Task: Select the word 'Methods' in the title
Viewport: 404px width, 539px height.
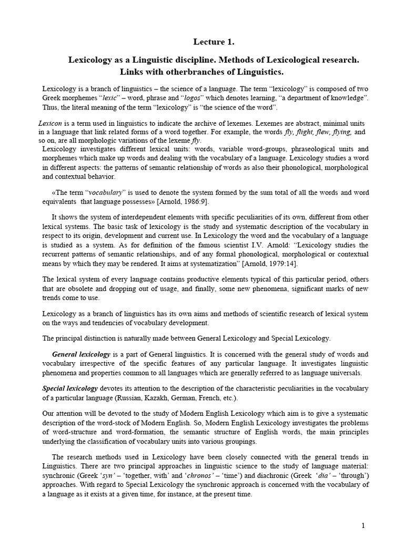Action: pos(239,61)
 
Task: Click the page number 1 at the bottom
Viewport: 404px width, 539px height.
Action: pos(362,525)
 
